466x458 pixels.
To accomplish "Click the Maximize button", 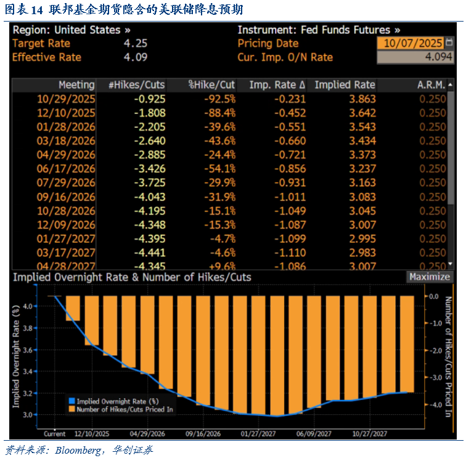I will [430, 277].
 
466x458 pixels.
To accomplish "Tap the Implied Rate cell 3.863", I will [362, 99].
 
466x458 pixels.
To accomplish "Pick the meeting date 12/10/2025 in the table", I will [67, 113].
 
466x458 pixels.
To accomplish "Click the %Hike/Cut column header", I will [211, 84].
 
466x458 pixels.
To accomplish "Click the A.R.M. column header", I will [431, 84].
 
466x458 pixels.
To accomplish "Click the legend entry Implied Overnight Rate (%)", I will [117, 401].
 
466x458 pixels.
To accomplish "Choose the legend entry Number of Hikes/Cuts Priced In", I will [124, 409].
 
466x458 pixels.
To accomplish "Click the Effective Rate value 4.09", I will [136, 57].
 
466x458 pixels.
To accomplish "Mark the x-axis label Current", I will [55, 433].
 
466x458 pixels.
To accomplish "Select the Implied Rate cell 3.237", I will [362, 169].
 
